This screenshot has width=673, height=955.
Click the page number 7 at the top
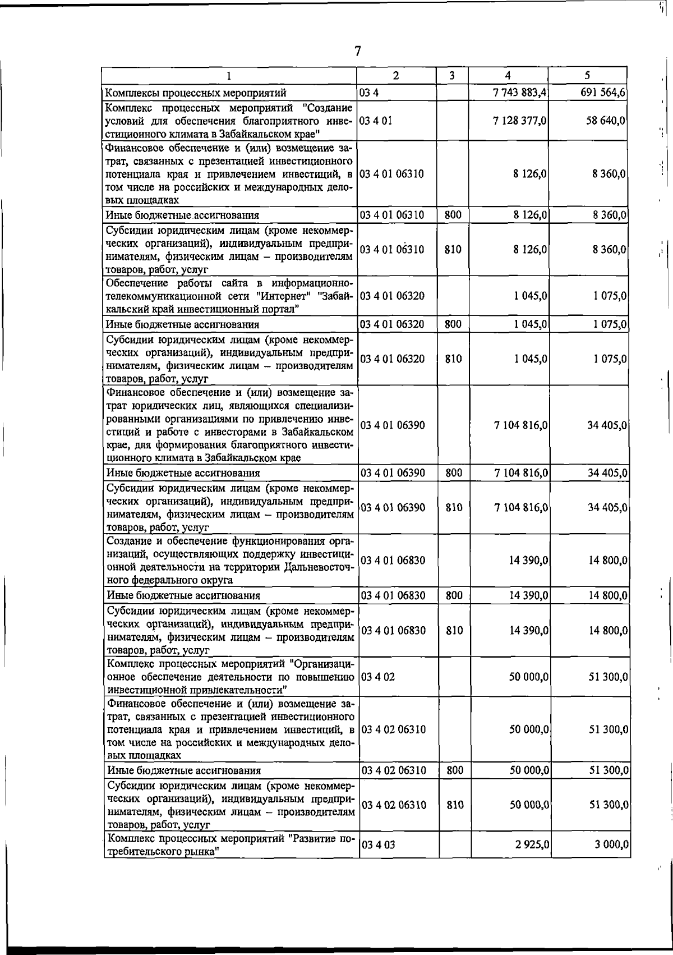pyautogui.click(x=357, y=51)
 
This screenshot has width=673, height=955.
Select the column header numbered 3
pyautogui.click(x=451, y=75)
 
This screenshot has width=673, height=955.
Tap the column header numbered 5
pyautogui.click(x=587, y=75)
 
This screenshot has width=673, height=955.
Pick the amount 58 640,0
pyautogui.click(x=606, y=121)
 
